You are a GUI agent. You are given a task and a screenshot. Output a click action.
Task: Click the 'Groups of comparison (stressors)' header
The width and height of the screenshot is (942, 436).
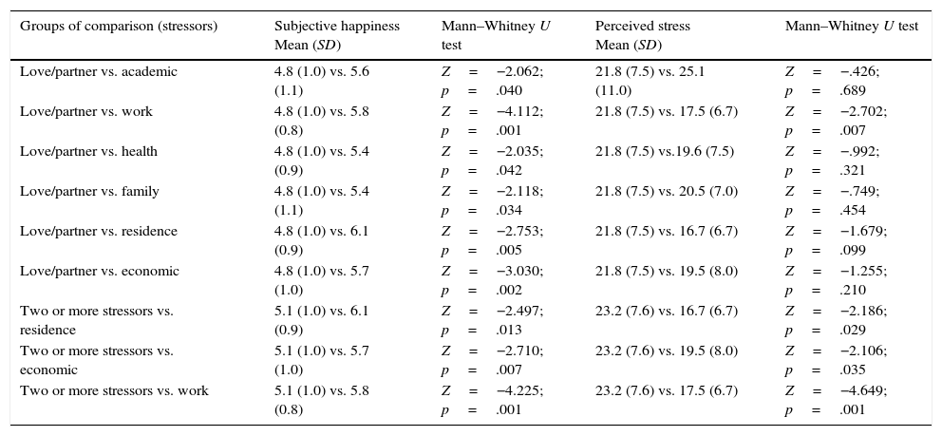(119, 26)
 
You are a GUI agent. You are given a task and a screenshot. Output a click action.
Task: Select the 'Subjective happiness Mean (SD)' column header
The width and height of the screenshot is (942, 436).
(337, 34)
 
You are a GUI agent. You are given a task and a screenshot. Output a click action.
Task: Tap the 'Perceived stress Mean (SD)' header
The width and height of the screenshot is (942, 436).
(643, 34)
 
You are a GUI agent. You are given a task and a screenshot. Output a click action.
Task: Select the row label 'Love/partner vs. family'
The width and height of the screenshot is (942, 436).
(89, 191)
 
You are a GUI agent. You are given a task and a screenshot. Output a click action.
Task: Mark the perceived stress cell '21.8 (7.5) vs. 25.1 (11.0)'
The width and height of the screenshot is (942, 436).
(650, 81)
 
